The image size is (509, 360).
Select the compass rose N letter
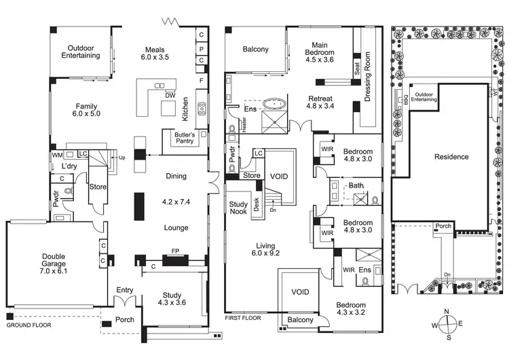coord(447,312)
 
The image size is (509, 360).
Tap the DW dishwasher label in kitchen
coord(170,95)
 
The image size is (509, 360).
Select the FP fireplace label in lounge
coord(175,250)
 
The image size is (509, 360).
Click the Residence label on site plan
coord(451,157)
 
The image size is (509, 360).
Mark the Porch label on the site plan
coord(444,227)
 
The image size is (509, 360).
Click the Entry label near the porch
coord(125,290)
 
